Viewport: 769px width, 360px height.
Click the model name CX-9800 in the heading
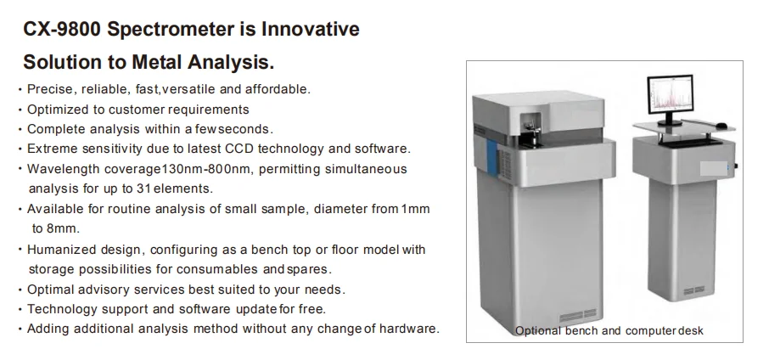(62, 29)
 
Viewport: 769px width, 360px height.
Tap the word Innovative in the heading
(311, 29)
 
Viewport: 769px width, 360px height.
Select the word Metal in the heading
(157, 62)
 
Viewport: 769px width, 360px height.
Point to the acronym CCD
(239, 149)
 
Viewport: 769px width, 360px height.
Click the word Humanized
(61, 250)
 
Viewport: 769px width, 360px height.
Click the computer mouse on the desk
(721, 126)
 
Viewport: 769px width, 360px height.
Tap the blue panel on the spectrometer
(492, 155)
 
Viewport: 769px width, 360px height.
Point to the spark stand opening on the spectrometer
(530, 129)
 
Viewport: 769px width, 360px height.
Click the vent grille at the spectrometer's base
(578, 315)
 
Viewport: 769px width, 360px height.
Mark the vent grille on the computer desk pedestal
(694, 290)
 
